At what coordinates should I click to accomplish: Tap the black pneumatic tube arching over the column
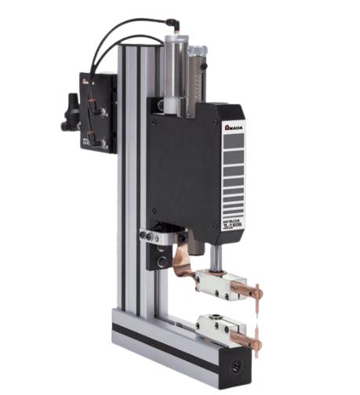click(125, 31)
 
